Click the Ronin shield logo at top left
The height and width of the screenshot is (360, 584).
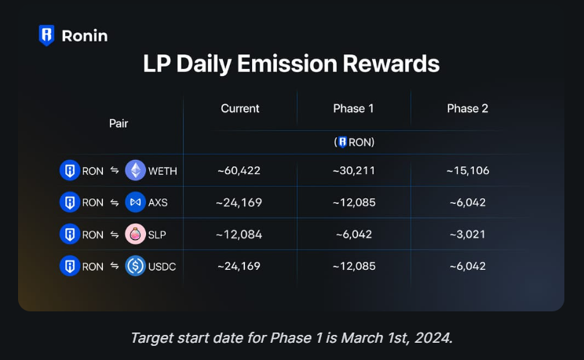(46, 35)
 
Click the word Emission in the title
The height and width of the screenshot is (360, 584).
(287, 64)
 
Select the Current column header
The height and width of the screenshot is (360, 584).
(240, 108)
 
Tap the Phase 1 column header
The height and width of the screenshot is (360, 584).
(353, 108)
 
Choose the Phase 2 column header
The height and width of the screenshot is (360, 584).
(467, 108)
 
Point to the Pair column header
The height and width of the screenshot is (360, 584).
(119, 123)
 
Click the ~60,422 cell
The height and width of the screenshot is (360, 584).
(239, 170)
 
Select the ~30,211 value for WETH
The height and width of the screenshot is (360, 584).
(354, 170)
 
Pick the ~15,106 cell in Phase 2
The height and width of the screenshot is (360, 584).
(468, 170)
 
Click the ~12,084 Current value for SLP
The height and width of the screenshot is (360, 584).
(239, 235)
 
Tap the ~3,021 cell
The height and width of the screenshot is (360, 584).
(468, 235)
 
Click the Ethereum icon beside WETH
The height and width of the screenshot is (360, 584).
(135, 170)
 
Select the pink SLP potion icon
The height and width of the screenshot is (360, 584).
(135, 235)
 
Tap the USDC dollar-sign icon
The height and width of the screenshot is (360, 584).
(135, 266)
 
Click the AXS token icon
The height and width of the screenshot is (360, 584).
(135, 202)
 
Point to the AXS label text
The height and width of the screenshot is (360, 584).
(158, 202)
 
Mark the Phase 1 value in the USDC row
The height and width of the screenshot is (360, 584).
(354, 266)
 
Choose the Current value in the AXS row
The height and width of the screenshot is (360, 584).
(239, 202)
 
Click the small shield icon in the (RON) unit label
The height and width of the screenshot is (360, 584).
(343, 142)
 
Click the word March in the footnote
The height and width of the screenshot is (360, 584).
(362, 338)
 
